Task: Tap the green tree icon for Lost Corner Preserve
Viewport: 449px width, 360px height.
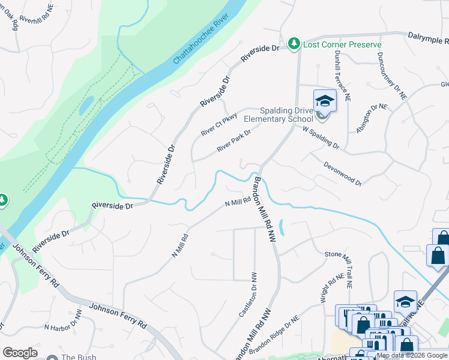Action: tap(294, 44)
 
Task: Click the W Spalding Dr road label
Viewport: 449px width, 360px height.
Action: tap(321, 137)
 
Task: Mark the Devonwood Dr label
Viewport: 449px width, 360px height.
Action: tap(343, 173)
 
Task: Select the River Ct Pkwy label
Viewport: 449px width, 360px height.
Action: tap(219, 123)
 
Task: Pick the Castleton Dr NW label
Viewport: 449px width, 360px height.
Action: tap(249, 294)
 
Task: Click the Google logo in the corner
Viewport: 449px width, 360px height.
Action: tap(20, 352)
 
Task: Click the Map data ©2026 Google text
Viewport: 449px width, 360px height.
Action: tap(412, 355)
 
